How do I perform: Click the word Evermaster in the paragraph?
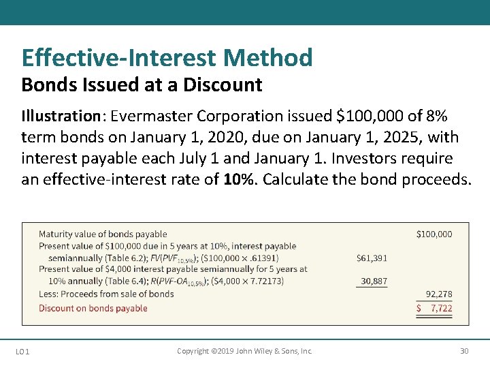[150, 117]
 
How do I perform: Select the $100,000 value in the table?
[434, 234]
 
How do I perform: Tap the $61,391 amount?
[372, 258]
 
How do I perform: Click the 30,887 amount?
[374, 281]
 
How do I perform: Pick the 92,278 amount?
[439, 294]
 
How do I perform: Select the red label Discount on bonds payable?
[93, 309]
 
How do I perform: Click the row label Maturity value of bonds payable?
[103, 234]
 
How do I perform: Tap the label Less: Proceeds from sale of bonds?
[106, 294]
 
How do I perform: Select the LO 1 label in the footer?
[22, 352]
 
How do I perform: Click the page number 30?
[464, 352]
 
